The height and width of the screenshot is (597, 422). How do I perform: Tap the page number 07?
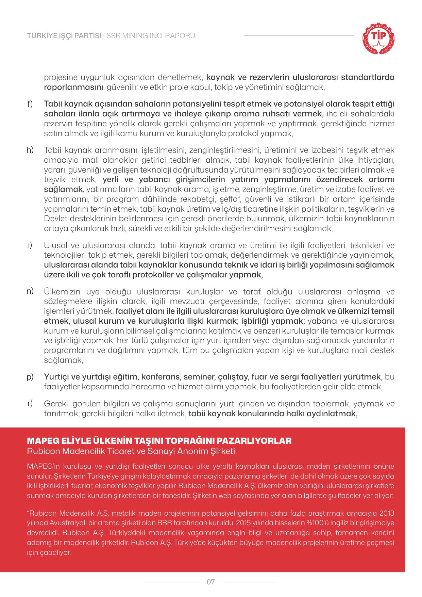tap(211, 582)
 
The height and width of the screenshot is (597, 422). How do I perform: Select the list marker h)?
tap(30, 150)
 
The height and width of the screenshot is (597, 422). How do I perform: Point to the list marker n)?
tap(30, 291)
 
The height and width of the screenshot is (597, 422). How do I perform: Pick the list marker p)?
tap(30, 377)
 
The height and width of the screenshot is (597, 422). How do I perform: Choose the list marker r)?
tap(30, 403)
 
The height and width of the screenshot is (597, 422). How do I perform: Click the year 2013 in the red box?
tap(387, 513)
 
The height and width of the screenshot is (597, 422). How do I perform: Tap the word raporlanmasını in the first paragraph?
tap(73, 87)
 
